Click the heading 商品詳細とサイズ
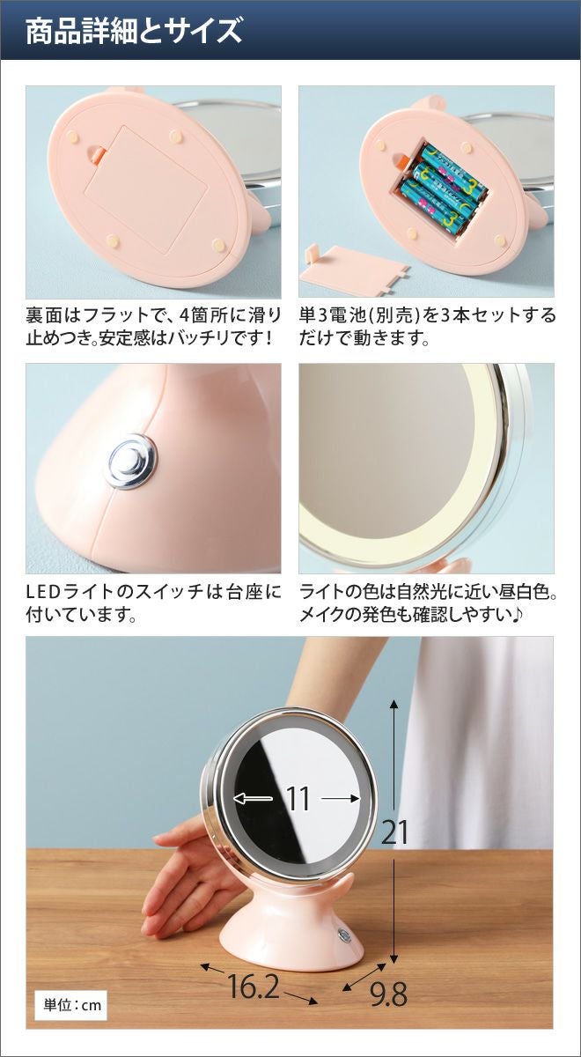point(134,30)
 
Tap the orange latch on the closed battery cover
point(98,153)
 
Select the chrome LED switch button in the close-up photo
point(131,461)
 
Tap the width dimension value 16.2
point(253,972)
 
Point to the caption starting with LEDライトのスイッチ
point(153,602)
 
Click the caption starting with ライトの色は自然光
point(428,602)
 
